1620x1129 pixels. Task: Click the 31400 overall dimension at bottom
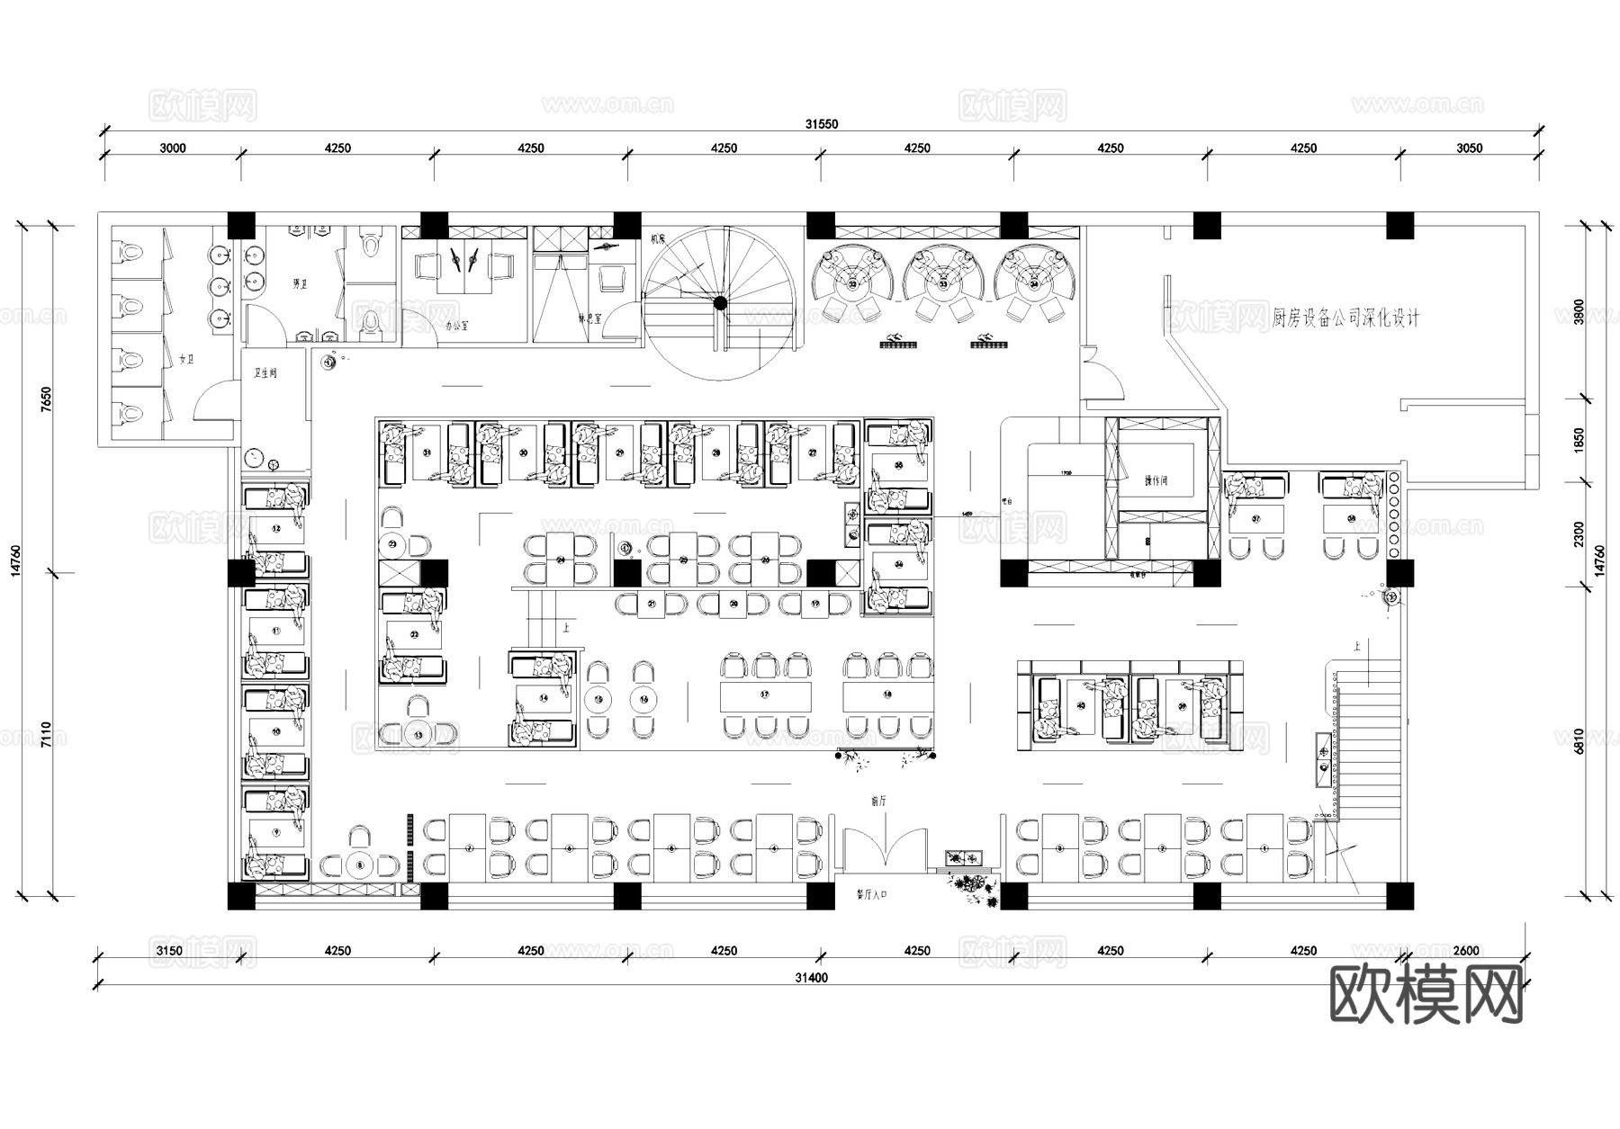pyautogui.click(x=813, y=978)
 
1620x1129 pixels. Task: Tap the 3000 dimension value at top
pyautogui.click(x=172, y=148)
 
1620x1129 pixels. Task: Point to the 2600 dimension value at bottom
pyautogui.click(x=1465, y=951)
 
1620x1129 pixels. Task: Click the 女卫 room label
pyautogui.click(x=186, y=359)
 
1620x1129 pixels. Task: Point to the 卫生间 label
pyautogui.click(x=265, y=372)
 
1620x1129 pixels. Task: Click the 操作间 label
pyautogui.click(x=1156, y=480)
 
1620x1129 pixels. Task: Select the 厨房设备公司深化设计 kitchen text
pyautogui.click(x=1345, y=318)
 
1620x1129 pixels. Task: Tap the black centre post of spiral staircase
pyautogui.click(x=720, y=303)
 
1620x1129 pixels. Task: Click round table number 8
pyautogui.click(x=360, y=865)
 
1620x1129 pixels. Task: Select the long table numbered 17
pyautogui.click(x=765, y=695)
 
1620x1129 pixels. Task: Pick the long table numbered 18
pyautogui.click(x=887, y=695)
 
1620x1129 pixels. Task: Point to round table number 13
pyautogui.click(x=418, y=734)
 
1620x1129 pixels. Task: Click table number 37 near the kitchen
pyautogui.click(x=1256, y=519)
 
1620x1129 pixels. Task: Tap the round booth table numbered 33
pyautogui.click(x=943, y=284)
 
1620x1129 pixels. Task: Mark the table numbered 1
pyautogui.click(x=1264, y=847)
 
